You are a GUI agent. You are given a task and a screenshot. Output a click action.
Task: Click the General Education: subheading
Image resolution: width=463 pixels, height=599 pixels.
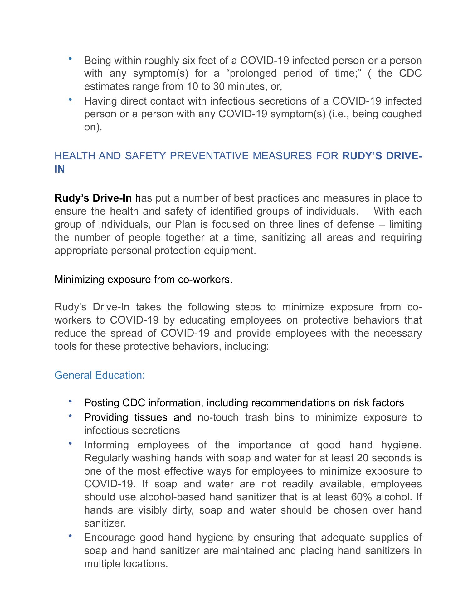click(x=100, y=375)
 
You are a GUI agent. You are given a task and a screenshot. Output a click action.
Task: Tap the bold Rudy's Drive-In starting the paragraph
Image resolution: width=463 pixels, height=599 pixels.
click(x=93, y=198)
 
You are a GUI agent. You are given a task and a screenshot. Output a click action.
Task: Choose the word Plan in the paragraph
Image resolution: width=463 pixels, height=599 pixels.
click(x=185, y=224)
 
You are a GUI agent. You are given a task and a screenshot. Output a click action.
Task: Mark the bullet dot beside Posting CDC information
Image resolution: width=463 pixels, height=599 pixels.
click(x=70, y=401)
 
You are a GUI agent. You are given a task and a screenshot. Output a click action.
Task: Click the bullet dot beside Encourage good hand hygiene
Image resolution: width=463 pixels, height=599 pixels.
click(x=70, y=536)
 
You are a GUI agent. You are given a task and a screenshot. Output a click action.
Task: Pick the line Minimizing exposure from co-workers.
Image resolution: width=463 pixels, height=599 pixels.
click(x=143, y=280)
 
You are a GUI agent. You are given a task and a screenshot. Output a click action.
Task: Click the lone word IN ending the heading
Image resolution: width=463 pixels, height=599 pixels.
click(x=60, y=169)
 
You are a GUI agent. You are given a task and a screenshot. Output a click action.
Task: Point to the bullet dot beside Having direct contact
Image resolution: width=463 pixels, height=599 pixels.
click(x=70, y=100)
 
